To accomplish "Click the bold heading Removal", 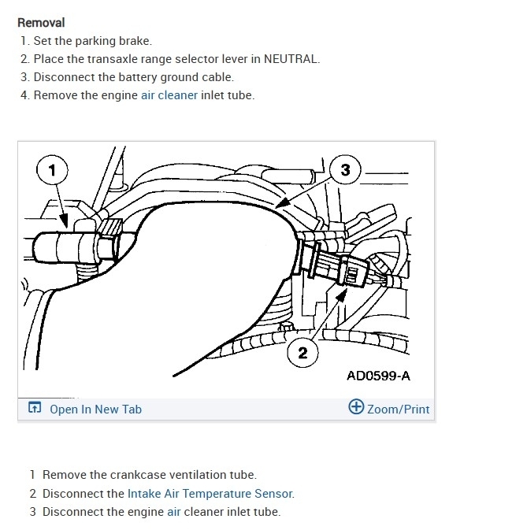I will (x=41, y=23).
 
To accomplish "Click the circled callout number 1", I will (x=52, y=169).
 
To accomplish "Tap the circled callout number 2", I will (x=302, y=351).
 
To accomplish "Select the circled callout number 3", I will (x=344, y=169).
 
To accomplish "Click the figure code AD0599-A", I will (x=378, y=376).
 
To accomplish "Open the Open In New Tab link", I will (x=95, y=409).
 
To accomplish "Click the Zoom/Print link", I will (x=399, y=409).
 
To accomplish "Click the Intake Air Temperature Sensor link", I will (x=210, y=494).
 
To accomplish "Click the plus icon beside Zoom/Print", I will (x=355, y=408).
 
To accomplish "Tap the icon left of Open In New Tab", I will (x=34, y=409).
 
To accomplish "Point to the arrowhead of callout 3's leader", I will (x=280, y=206).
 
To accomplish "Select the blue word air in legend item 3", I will (x=174, y=512).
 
